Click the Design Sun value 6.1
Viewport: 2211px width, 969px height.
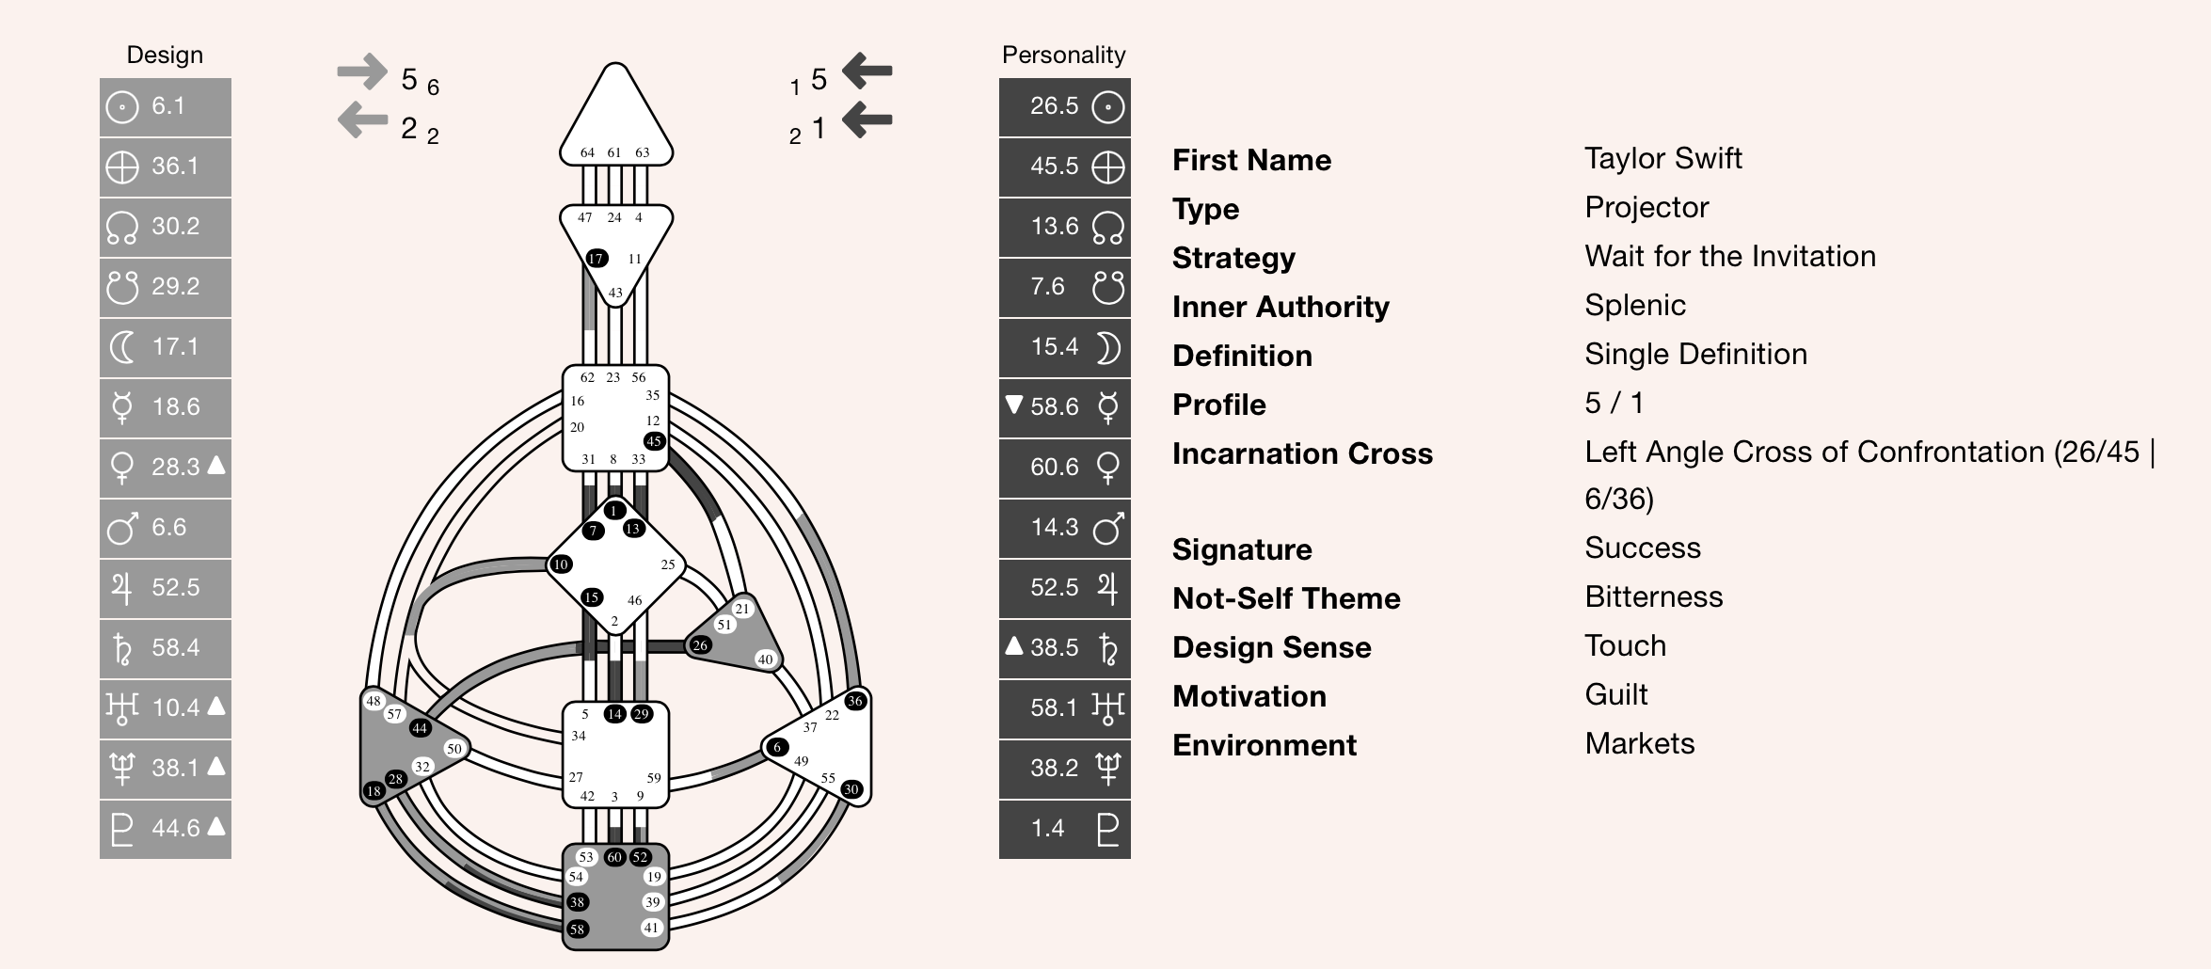pyautogui.click(x=167, y=106)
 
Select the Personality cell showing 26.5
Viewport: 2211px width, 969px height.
pyautogui.click(x=1054, y=106)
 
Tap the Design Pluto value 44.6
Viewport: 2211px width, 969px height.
pyautogui.click(x=175, y=829)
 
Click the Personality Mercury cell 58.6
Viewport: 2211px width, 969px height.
pyautogui.click(x=1054, y=407)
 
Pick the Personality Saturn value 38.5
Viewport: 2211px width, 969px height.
pyautogui.click(x=1054, y=648)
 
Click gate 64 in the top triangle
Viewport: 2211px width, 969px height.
pyautogui.click(x=587, y=152)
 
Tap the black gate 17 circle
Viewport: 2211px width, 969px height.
pyautogui.click(x=596, y=259)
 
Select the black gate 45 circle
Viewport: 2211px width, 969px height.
pyautogui.click(x=654, y=441)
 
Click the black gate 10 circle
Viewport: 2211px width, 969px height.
pyautogui.click(x=561, y=564)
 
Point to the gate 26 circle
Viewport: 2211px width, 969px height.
pyautogui.click(x=700, y=645)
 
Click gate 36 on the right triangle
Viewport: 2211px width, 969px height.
pyautogui.click(x=854, y=701)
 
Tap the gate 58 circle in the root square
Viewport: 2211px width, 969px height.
pyautogui.click(x=577, y=929)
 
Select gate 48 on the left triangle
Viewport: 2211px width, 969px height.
pyautogui.click(x=374, y=701)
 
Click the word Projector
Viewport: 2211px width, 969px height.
pyautogui.click(x=1646, y=208)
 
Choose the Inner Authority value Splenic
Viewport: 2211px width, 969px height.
pyautogui.click(x=1634, y=306)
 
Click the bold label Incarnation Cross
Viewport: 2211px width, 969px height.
pyautogui.click(x=1301, y=454)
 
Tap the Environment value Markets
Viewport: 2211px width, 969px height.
pyautogui.click(x=1639, y=744)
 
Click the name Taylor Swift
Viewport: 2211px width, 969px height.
pyautogui.click(x=1662, y=159)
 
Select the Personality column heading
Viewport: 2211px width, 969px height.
pyautogui.click(x=1063, y=56)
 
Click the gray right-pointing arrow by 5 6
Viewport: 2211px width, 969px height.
pyautogui.click(x=362, y=71)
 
